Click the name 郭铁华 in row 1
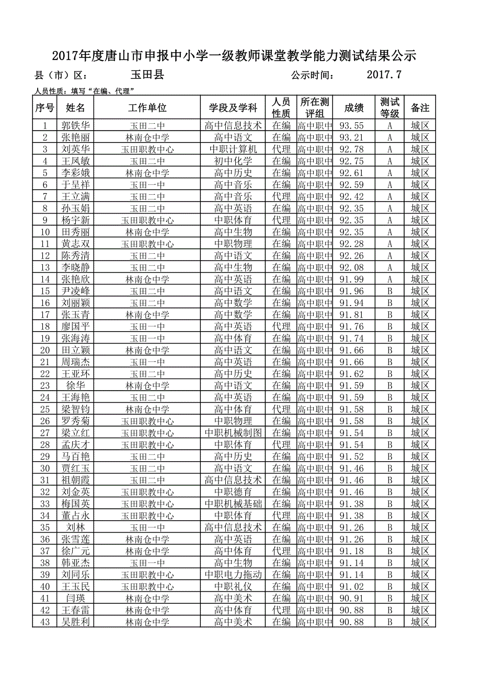click(x=75, y=126)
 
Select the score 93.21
click(x=351, y=138)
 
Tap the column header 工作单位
click(x=147, y=108)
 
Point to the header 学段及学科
click(x=233, y=108)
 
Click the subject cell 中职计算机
click(x=233, y=149)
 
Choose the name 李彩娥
click(x=75, y=173)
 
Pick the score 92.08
click(x=351, y=268)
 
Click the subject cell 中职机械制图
click(x=233, y=433)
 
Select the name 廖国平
click(x=75, y=327)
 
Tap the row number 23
click(x=45, y=386)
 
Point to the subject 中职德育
click(x=233, y=492)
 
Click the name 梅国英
click(x=75, y=504)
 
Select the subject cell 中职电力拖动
click(x=233, y=575)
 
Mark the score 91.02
click(x=351, y=587)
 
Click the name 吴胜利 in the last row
click(x=75, y=622)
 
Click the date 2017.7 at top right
click(x=384, y=75)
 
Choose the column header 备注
click(x=420, y=108)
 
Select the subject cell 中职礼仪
click(x=233, y=587)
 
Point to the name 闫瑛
click(x=75, y=599)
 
